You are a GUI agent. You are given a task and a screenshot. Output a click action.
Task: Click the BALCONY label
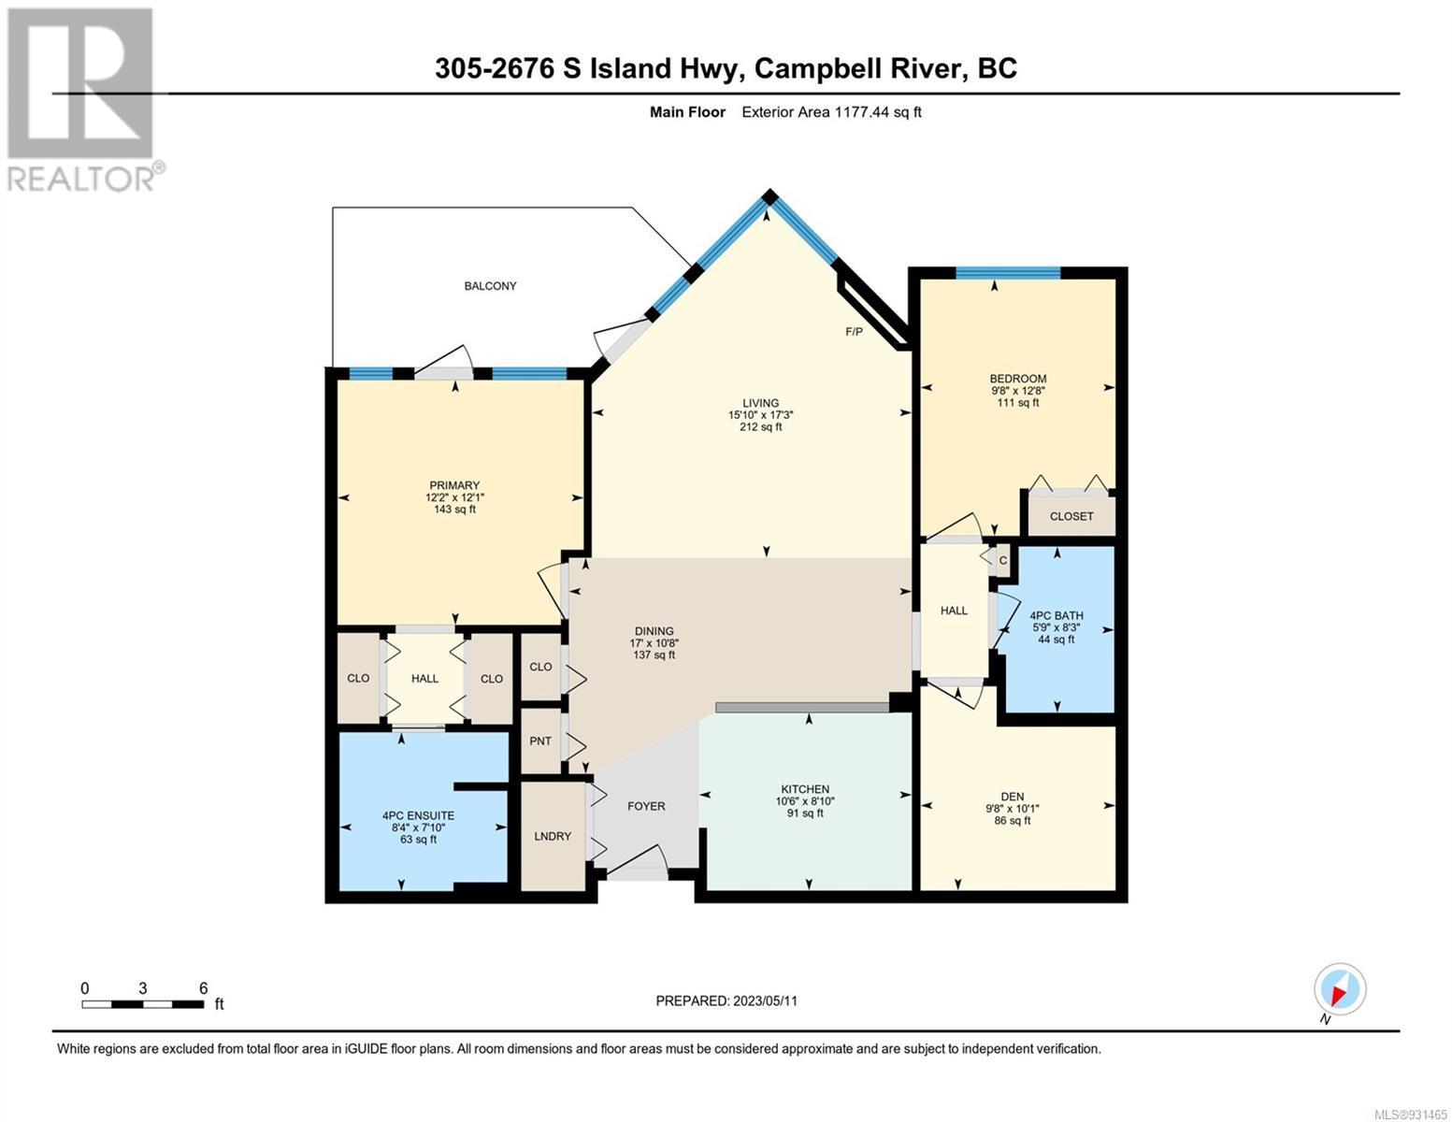(490, 286)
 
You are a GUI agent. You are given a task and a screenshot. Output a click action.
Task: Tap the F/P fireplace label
(854, 331)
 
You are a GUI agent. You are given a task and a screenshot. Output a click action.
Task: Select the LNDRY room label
(553, 836)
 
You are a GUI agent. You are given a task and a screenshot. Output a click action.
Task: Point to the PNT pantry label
(540, 741)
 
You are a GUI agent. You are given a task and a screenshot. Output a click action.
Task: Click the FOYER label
(646, 806)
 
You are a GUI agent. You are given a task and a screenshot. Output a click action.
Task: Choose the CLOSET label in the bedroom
(1071, 516)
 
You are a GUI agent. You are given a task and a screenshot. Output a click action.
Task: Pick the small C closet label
(1003, 561)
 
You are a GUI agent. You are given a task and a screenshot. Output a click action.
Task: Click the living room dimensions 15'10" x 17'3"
(760, 415)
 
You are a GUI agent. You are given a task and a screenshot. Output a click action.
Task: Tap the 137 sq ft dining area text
(654, 654)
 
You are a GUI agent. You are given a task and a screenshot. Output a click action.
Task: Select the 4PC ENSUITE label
(418, 815)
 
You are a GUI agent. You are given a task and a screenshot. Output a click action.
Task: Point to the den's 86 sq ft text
(1013, 820)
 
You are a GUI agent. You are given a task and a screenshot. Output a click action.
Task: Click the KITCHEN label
(805, 789)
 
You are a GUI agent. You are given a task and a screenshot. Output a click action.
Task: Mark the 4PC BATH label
(1057, 615)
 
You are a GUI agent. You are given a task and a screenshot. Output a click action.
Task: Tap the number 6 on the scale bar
(203, 987)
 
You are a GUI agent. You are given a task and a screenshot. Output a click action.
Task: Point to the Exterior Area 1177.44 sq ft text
(831, 112)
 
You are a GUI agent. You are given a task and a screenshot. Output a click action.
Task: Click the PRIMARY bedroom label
(454, 485)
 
